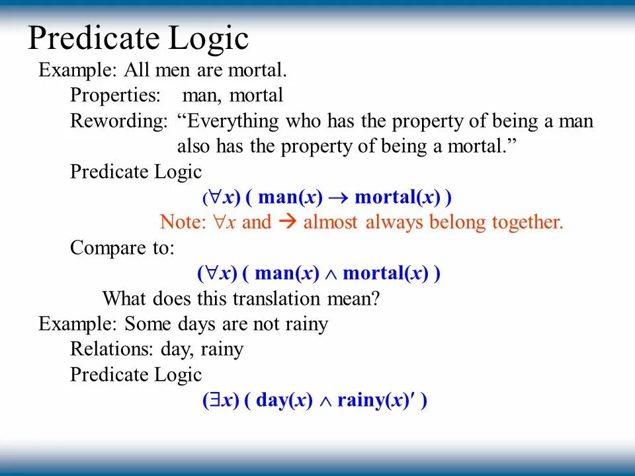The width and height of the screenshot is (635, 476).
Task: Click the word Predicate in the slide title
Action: [90, 39]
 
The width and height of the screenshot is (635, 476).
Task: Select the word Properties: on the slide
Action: [115, 96]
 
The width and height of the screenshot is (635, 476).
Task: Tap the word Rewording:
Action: [119, 122]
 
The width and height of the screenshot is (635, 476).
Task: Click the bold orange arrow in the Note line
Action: [287, 222]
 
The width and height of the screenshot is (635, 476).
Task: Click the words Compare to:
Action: [122, 248]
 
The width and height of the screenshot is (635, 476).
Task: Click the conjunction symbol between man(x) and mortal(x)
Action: [330, 274]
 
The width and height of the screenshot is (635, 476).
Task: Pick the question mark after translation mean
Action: [375, 299]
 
